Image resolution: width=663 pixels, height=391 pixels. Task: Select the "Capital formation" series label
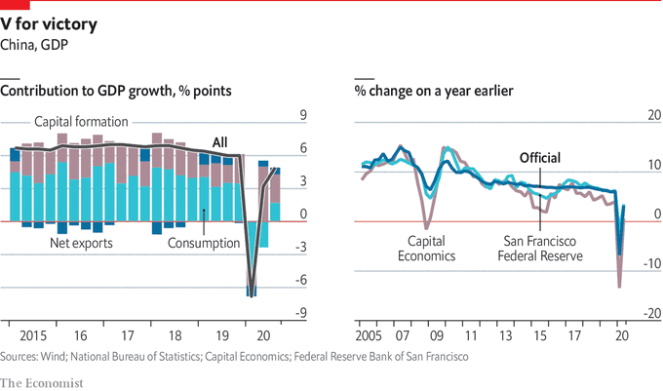coord(82,122)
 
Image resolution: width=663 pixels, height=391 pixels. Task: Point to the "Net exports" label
coord(81,243)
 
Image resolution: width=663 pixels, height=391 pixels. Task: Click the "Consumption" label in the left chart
coord(204,243)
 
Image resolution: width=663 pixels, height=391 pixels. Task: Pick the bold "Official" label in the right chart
coord(540,159)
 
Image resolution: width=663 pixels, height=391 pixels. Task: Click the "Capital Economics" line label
coord(431,249)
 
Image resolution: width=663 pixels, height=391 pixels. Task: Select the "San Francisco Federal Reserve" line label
coord(539,249)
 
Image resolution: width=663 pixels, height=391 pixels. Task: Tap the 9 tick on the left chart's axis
coord(302,115)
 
